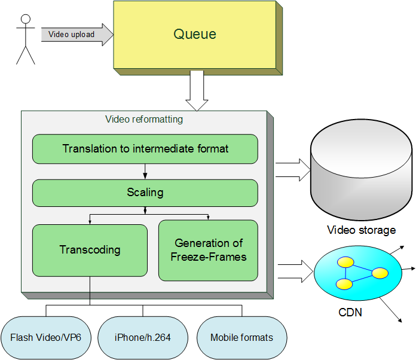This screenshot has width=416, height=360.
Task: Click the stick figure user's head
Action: (26, 19)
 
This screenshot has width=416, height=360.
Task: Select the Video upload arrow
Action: (78, 35)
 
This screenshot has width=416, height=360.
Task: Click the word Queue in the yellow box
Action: (195, 34)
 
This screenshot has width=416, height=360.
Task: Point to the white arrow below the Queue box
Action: (197, 90)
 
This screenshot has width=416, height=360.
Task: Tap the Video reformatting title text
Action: (144, 119)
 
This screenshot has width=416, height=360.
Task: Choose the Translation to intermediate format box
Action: (145, 149)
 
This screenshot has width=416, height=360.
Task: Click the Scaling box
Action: (145, 193)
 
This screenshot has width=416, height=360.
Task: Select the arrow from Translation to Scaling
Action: (145, 172)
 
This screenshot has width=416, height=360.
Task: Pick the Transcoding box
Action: (90, 251)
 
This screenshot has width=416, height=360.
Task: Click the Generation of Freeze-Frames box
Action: (208, 250)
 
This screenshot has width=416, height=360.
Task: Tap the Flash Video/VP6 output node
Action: (46, 338)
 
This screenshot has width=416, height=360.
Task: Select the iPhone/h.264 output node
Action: (143, 338)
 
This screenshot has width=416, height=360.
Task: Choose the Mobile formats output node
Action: (241, 338)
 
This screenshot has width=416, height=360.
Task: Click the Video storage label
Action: (362, 230)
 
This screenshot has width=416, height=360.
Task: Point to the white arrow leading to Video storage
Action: (293, 170)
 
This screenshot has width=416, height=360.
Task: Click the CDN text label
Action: (350, 312)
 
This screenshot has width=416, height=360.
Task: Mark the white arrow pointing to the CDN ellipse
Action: (295, 271)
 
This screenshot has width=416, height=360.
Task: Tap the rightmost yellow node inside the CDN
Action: (380, 273)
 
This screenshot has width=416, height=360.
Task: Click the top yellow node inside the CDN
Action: (345, 262)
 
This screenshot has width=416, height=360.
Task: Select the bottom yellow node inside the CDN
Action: (344, 284)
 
